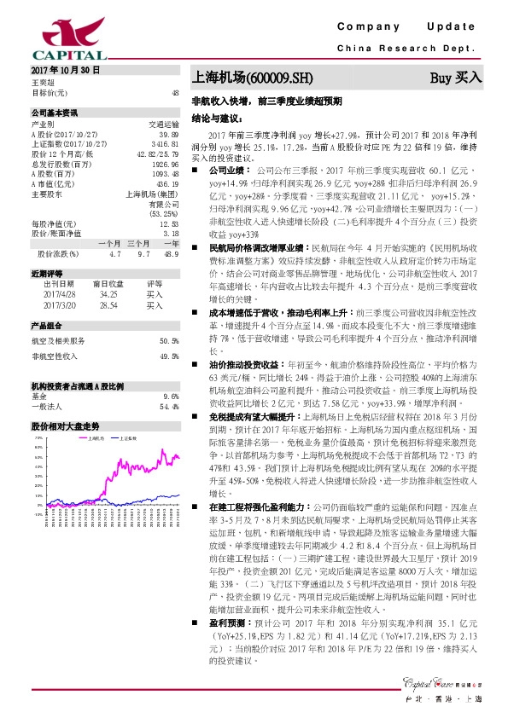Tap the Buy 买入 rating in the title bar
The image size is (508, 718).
click(456, 78)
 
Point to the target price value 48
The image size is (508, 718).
click(174, 92)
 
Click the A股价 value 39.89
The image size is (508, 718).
click(168, 135)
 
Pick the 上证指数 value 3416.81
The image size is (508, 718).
click(166, 144)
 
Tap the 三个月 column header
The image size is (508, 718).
click(137, 244)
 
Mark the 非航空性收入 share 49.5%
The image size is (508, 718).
click(168, 355)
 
